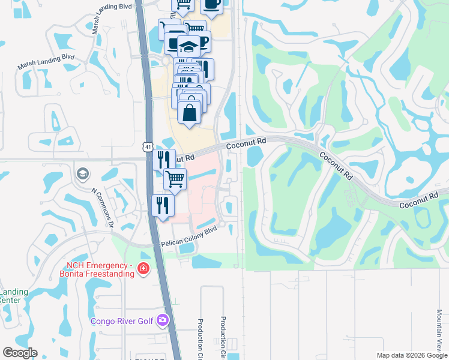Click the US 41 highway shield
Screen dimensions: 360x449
[148, 146]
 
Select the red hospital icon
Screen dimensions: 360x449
[143, 268]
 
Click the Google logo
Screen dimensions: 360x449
[20, 353]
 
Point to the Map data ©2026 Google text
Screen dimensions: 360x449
[411, 355]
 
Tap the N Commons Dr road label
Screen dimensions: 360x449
[103, 208]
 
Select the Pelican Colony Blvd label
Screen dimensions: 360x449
[188, 237]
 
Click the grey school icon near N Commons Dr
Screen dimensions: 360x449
[82, 174]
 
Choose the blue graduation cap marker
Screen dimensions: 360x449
[188, 47]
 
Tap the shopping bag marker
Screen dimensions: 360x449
[189, 112]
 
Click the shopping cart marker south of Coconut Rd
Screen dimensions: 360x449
[175, 178]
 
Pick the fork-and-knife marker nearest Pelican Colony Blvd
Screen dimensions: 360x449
[163, 205]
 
